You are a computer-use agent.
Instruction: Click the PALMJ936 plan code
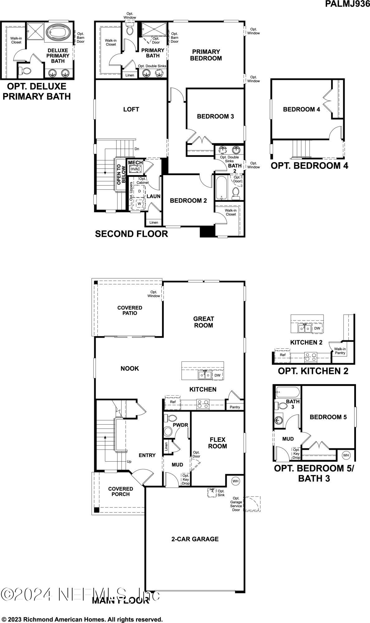point(347,4)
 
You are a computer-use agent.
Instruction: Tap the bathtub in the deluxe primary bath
point(59,32)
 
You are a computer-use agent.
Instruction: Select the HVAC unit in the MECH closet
point(135,169)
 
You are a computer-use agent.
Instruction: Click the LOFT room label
point(131,109)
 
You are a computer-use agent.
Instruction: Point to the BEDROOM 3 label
point(215,116)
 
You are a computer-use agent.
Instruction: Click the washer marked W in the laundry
point(139,203)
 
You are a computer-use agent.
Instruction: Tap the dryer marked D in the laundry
point(139,191)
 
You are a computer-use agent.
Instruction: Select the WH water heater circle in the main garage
point(235,481)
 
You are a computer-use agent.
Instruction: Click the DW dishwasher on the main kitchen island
point(217,375)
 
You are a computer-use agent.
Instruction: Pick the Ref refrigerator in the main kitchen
point(173,402)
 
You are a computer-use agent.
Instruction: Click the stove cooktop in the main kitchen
point(203,404)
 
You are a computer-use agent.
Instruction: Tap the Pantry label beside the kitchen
point(235,407)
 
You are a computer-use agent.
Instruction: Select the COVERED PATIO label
point(130,310)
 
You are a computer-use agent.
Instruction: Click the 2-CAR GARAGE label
point(195,539)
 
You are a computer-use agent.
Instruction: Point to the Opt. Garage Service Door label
point(236,504)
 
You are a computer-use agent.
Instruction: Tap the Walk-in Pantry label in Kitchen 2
point(340,351)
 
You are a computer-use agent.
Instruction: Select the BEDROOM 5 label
point(328,417)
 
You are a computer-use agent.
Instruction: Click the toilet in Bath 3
point(282,406)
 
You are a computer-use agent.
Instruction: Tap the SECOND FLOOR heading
point(131,234)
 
